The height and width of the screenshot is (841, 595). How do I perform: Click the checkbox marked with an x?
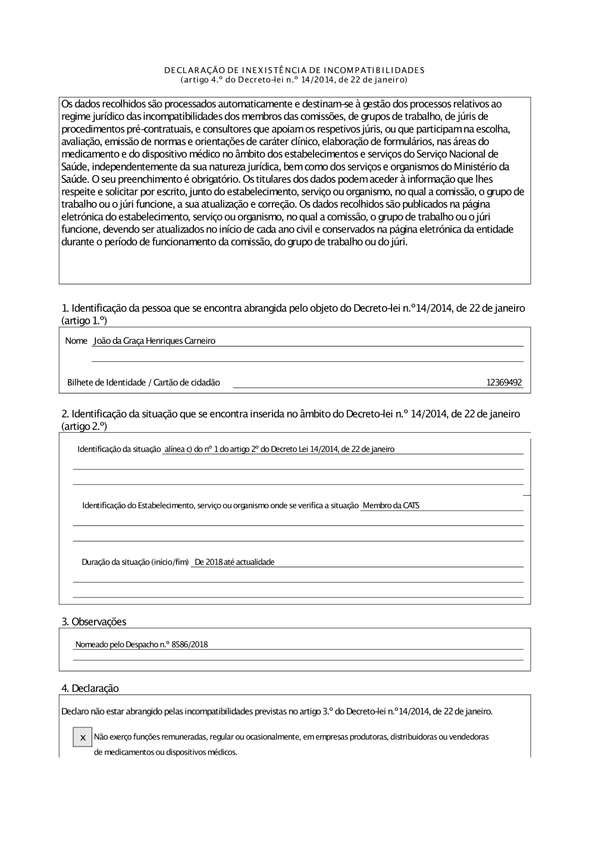coord(82,737)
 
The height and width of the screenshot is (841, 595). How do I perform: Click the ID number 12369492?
coord(504,382)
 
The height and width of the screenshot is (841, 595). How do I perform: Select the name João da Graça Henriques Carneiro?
coord(155,341)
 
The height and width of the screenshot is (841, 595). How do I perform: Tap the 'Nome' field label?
coord(76,341)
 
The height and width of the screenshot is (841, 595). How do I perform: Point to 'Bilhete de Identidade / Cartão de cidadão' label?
coord(143,382)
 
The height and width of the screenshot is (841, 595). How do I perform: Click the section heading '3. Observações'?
coord(94,622)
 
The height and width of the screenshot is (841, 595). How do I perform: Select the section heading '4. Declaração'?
coord(90,688)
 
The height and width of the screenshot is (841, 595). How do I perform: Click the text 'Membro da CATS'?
coord(391,505)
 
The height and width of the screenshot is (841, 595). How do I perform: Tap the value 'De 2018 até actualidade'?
coord(234,562)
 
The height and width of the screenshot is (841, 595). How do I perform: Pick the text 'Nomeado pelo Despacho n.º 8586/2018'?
coord(142,644)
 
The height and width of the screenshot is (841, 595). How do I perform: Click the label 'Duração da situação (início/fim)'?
coord(135,562)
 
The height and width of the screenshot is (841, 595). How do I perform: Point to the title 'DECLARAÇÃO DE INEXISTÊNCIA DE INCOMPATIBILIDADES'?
coord(295,70)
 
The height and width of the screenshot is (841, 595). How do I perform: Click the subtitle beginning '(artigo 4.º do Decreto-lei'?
coord(295,79)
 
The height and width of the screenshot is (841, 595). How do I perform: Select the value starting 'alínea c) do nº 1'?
coord(279,449)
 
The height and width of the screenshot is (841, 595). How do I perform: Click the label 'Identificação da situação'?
coord(119,449)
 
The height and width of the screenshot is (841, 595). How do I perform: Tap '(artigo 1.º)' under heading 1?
coord(84,320)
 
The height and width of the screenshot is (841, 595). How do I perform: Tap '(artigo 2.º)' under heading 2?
coord(84,426)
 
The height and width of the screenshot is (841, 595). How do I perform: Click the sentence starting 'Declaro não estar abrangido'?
coord(277,711)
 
